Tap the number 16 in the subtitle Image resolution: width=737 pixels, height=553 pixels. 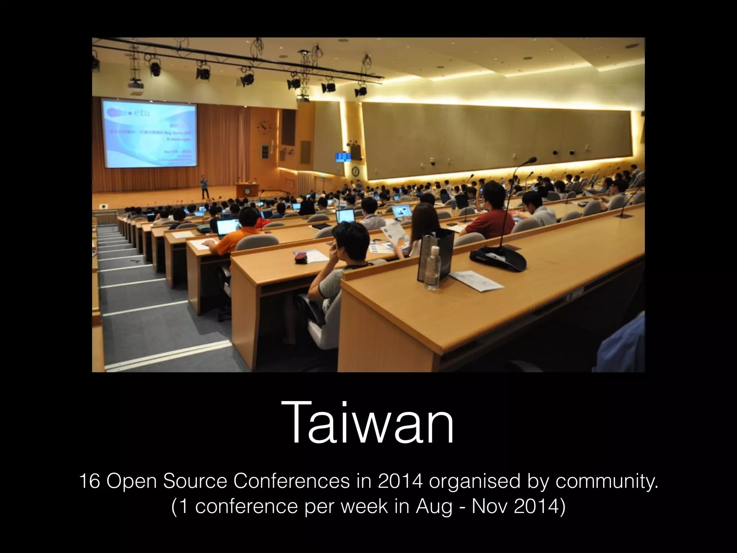tap(90, 482)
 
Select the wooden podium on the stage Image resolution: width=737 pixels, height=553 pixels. tap(247, 190)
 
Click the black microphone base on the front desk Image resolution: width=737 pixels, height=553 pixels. tap(498, 258)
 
